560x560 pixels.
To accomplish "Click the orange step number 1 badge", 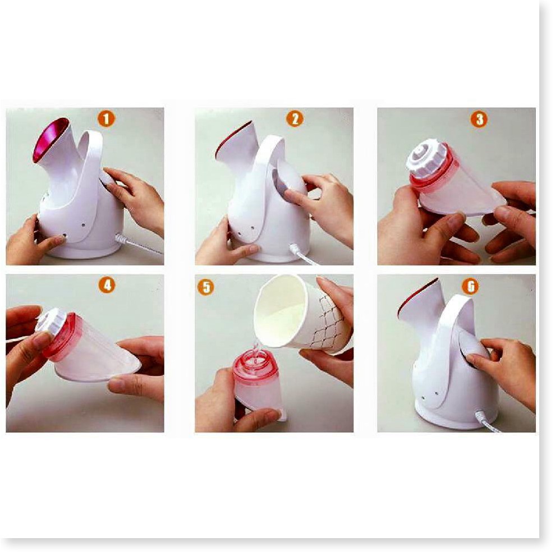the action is pos(106,118).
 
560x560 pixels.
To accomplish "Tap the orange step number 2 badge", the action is pos(295,118).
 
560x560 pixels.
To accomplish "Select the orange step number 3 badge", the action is pos(479,119).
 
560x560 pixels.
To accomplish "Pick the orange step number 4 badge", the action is pos(107,285).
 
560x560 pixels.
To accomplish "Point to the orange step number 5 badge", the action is pos(206,287).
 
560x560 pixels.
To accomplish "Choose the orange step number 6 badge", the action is pos(471,286).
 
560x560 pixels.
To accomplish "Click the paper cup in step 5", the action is pos(302,314).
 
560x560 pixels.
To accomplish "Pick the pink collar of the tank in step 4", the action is pos(61,336).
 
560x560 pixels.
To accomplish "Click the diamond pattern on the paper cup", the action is pos(331,322).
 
